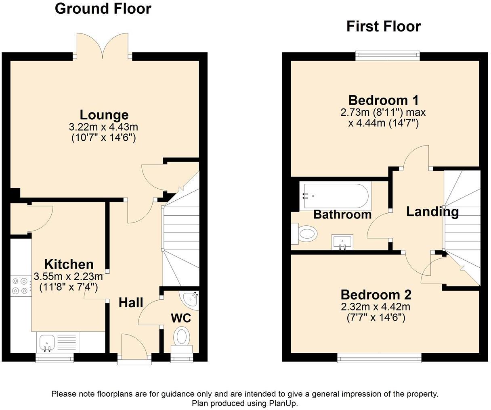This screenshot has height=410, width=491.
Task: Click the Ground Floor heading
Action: [x=103, y=9]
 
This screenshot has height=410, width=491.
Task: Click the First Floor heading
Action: [x=384, y=26]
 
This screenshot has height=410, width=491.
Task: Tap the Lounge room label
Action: [x=104, y=115]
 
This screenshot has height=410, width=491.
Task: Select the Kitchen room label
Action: [x=69, y=264]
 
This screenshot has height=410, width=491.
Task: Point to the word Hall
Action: [x=131, y=302]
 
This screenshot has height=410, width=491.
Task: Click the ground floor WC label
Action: [x=181, y=318]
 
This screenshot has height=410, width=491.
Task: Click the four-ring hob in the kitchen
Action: [x=21, y=285]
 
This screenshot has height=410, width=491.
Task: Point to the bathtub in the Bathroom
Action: [x=335, y=196]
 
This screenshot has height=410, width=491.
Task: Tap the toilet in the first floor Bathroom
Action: [x=304, y=234]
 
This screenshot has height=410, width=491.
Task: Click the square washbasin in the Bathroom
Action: [x=342, y=242]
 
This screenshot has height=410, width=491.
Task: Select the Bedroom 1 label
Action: [x=384, y=100]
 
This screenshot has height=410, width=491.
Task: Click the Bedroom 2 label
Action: [x=376, y=295]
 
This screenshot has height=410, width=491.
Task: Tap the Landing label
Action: [x=432, y=212]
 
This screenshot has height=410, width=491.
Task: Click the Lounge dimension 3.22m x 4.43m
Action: [x=103, y=127]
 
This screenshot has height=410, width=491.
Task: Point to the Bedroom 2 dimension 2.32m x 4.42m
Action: [x=376, y=307]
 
